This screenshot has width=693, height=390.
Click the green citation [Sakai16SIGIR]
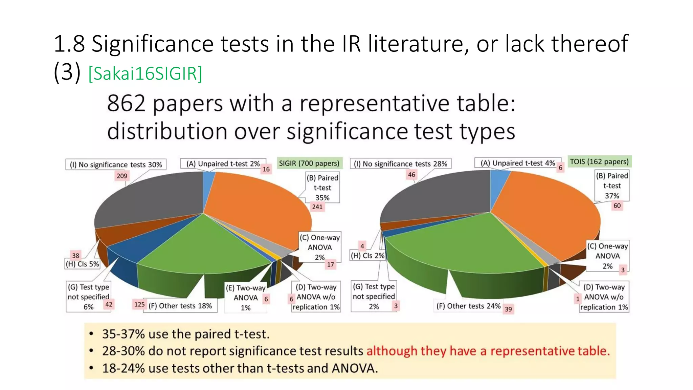click(x=145, y=73)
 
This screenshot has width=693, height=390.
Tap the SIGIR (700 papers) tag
click(x=309, y=163)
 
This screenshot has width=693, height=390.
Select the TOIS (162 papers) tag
click(x=599, y=161)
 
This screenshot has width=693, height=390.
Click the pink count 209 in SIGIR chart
click(x=122, y=176)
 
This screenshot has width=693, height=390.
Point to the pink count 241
click(x=317, y=207)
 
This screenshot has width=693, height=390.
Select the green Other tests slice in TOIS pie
click(x=467, y=244)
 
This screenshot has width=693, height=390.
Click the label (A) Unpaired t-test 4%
click(x=518, y=163)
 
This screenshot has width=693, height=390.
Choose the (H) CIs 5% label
click(x=83, y=264)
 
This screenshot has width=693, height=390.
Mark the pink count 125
click(x=139, y=304)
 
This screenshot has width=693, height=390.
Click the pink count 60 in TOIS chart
click(x=617, y=205)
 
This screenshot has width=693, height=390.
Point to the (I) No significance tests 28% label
click(x=400, y=164)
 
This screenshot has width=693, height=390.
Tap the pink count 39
click(x=508, y=309)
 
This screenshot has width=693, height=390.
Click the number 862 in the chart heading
click(x=126, y=103)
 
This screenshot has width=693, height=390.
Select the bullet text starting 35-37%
click(x=186, y=334)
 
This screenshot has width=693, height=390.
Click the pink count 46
click(x=411, y=175)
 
